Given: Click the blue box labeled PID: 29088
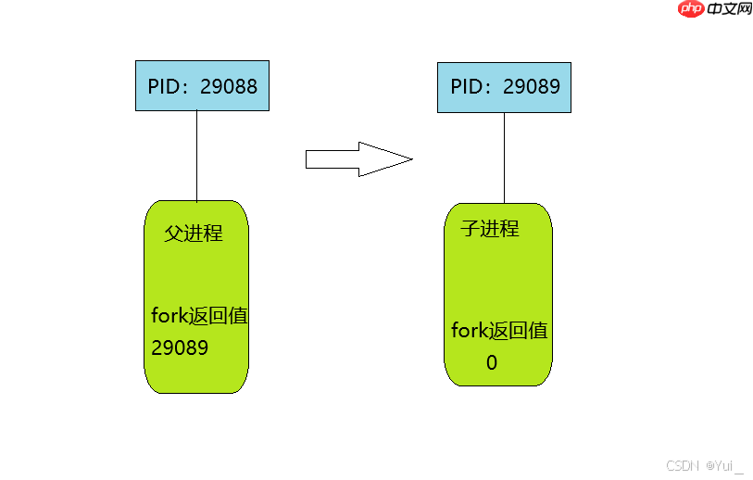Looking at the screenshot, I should pyautogui.click(x=202, y=86).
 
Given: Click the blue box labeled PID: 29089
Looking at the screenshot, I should pyautogui.click(x=504, y=87).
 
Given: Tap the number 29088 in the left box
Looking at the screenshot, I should pyautogui.click(x=229, y=87).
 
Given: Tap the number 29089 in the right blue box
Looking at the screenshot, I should pyautogui.click(x=532, y=87).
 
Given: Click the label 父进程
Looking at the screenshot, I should pyautogui.click(x=194, y=233).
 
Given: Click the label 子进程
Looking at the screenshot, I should pyautogui.click(x=490, y=229).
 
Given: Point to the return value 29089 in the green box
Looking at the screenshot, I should pyautogui.click(x=180, y=347).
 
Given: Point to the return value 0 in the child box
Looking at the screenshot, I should pyautogui.click(x=492, y=363).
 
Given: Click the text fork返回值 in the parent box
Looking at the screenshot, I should pyautogui.click(x=199, y=316).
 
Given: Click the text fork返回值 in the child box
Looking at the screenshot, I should pyautogui.click(x=499, y=331).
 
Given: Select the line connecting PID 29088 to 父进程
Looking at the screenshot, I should pyautogui.click(x=196, y=156).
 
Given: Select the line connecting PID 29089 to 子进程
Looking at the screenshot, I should pyautogui.click(x=504, y=158).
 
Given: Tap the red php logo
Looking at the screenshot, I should pyautogui.click(x=691, y=8).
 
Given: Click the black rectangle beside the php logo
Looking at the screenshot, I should pyautogui.click(x=729, y=8).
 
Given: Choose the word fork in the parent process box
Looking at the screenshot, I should pyautogui.click(x=169, y=316).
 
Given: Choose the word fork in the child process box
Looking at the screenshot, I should pyautogui.click(x=470, y=331).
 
